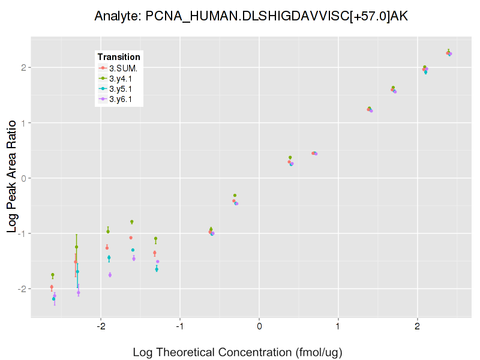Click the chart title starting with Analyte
[251, 17]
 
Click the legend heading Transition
[119, 57]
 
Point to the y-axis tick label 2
[23, 68]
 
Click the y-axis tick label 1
[23, 123]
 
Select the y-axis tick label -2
[22, 289]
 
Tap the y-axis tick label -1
[22, 233]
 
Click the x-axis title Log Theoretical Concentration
[238, 352]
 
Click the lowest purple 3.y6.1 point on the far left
[55, 295]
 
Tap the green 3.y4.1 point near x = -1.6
[131, 222]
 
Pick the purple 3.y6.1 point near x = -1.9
[110, 275]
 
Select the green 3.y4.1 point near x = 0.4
[290, 157]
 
